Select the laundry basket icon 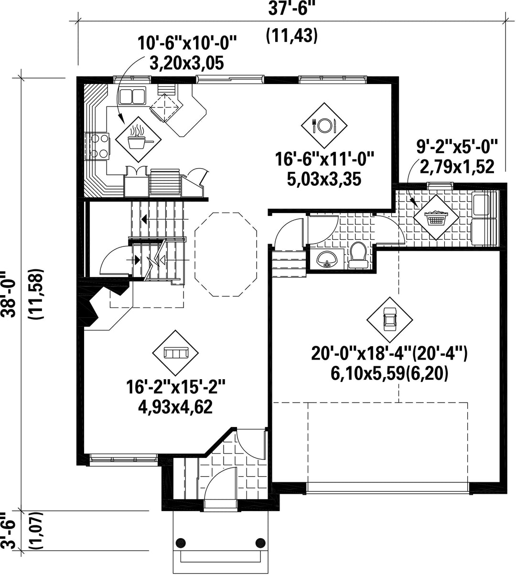click(436, 217)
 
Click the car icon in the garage click(389, 319)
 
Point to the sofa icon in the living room click(175, 353)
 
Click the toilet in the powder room click(358, 255)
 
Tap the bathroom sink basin click(327, 259)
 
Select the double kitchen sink click(132, 96)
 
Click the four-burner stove click(97, 146)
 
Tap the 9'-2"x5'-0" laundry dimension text click(457, 146)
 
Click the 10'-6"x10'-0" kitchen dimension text click(187, 43)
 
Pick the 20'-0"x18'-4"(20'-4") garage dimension click(389, 353)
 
